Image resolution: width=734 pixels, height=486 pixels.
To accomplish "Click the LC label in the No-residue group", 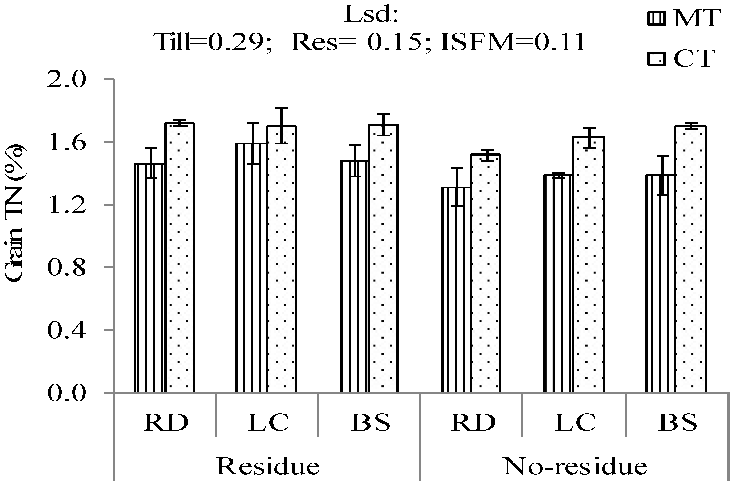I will (576, 422).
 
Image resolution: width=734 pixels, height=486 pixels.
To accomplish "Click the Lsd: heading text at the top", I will (371, 15).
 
